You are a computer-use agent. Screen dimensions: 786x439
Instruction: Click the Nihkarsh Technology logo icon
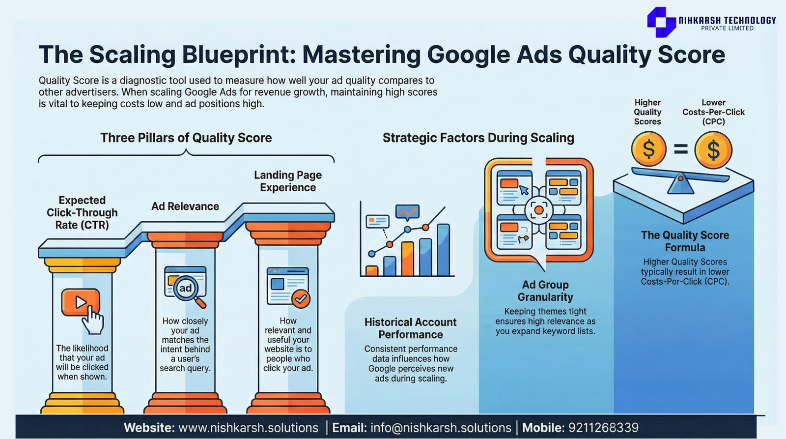[661, 22]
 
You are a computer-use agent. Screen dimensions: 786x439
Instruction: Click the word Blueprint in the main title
[239, 55]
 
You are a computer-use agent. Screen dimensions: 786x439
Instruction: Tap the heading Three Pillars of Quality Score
[186, 138]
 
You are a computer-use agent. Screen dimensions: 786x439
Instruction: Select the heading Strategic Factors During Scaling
[478, 138]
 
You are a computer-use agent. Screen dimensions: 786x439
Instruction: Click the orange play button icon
[81, 302]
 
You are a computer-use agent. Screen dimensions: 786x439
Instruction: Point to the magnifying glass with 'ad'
[186, 289]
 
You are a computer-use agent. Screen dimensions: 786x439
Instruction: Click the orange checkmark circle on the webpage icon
[301, 299]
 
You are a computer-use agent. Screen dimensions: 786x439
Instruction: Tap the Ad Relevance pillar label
[185, 206]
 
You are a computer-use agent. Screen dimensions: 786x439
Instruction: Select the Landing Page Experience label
[288, 181]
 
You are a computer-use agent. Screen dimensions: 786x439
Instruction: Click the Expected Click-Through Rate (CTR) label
[82, 212]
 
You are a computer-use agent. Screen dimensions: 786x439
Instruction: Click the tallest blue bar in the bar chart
[443, 250]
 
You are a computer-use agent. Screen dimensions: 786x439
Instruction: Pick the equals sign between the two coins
[681, 149]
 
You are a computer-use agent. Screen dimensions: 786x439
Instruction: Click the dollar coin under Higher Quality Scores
[648, 149]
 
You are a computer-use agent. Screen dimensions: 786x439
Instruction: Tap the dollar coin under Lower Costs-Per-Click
[713, 150]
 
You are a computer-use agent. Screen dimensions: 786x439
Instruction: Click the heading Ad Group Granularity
[545, 291]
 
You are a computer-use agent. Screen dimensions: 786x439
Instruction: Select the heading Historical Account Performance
[411, 328]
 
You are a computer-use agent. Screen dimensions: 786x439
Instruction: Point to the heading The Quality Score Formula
[685, 241]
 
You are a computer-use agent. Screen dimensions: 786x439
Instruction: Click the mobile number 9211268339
[603, 427]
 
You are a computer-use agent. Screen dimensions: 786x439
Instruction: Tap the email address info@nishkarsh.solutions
[441, 427]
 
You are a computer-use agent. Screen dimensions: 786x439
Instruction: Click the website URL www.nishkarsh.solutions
[249, 427]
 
